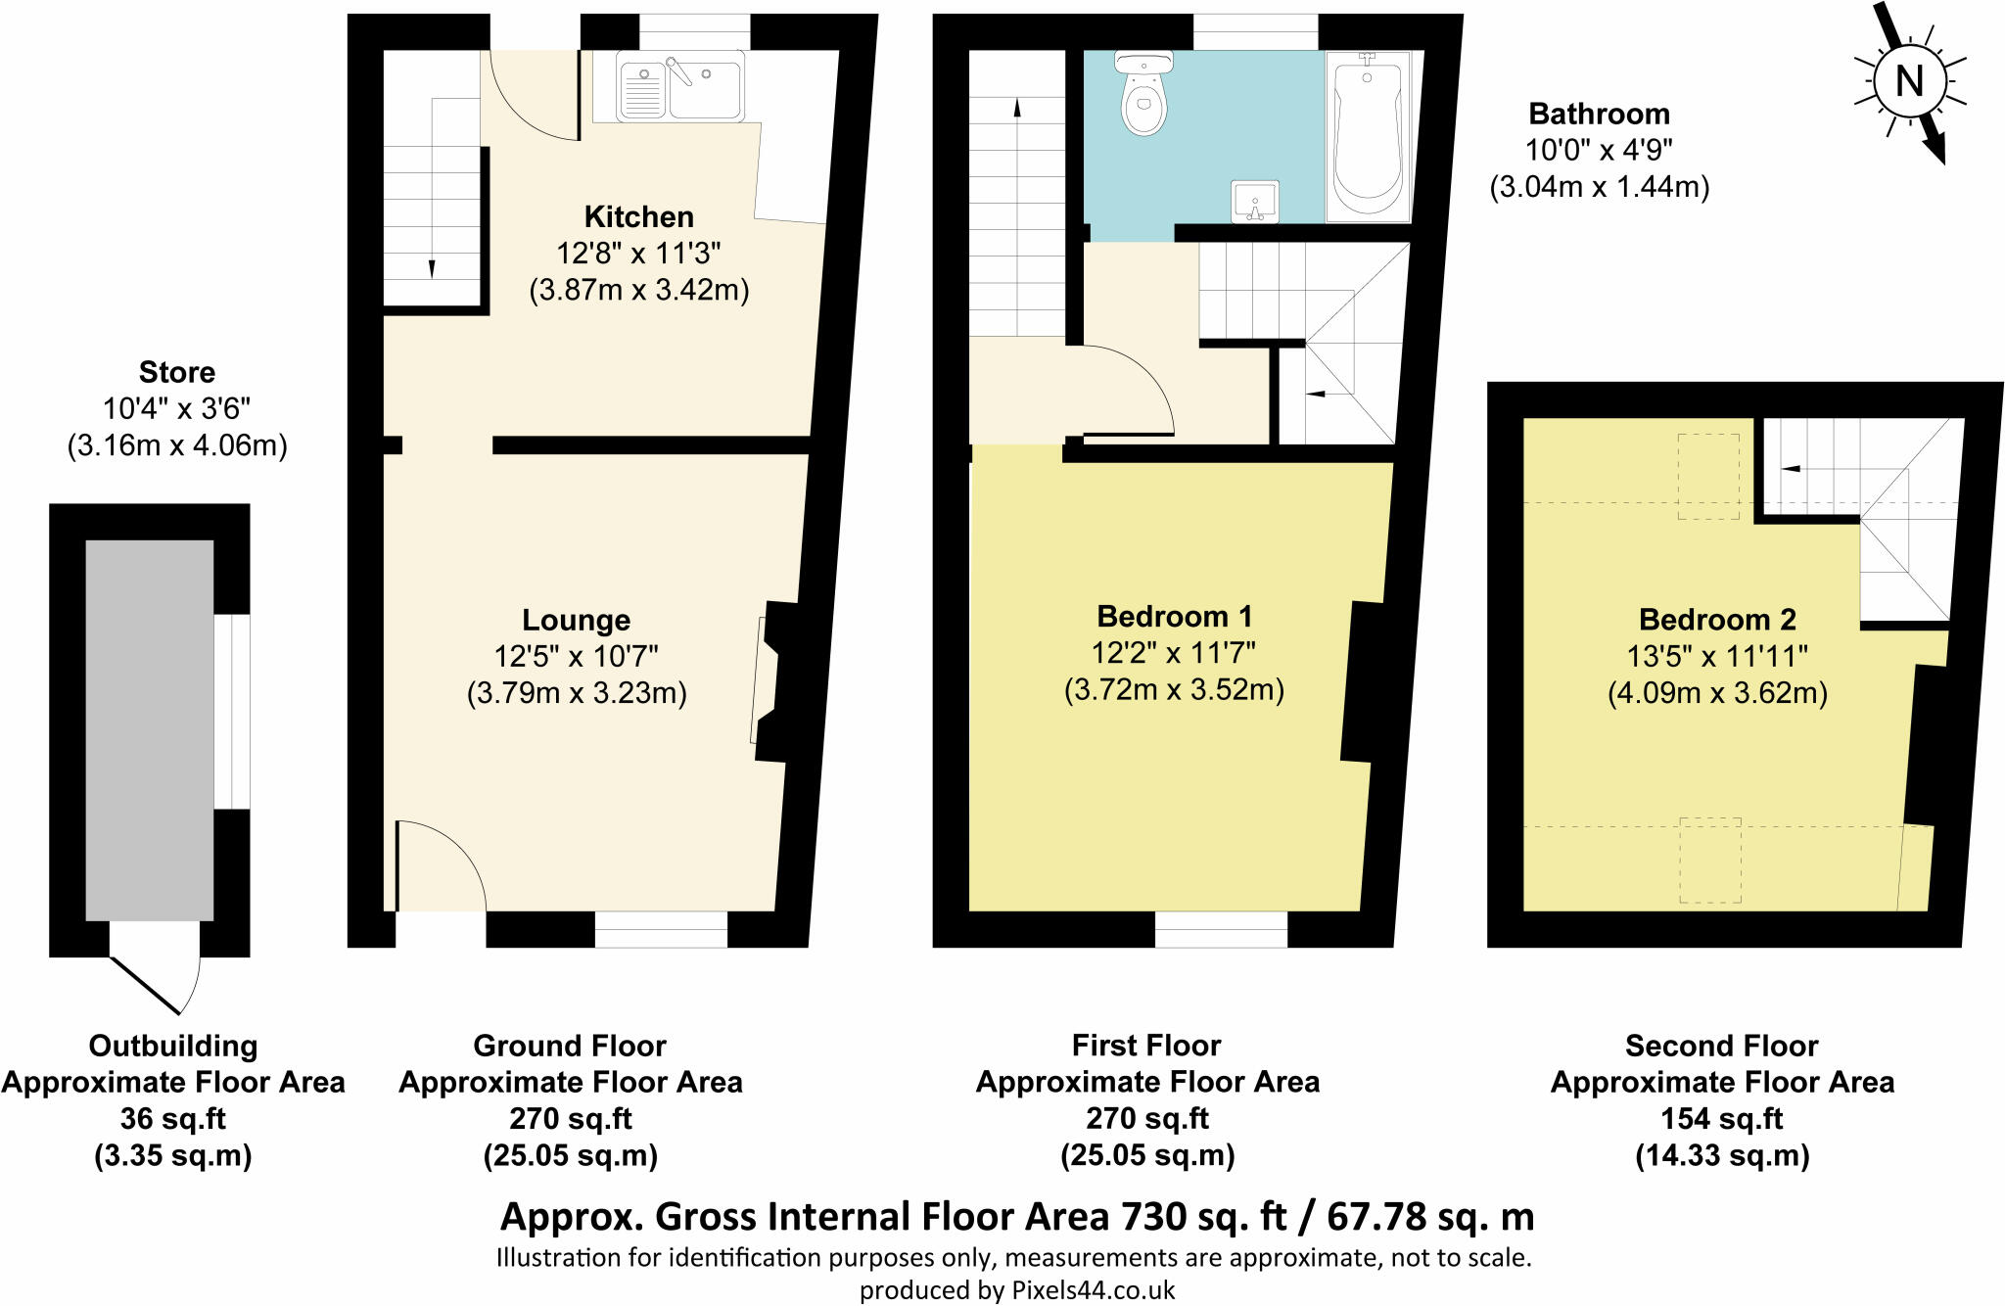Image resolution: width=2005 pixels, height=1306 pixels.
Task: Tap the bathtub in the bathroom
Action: pyautogui.click(x=1368, y=136)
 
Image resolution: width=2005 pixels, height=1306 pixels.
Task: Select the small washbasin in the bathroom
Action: pyautogui.click(x=1255, y=202)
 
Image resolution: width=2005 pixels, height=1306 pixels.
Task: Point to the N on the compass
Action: pyautogui.click(x=1909, y=81)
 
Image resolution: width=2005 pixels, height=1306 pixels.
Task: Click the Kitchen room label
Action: pyautogui.click(x=638, y=216)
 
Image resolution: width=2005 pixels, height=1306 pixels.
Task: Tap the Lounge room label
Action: pyautogui.click(x=576, y=620)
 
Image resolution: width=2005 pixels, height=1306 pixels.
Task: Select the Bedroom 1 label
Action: pyautogui.click(x=1174, y=616)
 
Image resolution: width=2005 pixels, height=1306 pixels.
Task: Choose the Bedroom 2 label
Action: pyautogui.click(x=1717, y=619)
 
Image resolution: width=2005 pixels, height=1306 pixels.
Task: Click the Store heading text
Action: pyautogui.click(x=176, y=372)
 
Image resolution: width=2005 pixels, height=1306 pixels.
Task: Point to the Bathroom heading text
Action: pyautogui.click(x=1599, y=114)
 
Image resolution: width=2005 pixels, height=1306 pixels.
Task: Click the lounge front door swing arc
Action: pyautogui.click(x=460, y=845)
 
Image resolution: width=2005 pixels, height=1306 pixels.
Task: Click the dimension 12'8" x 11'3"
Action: pyautogui.click(x=638, y=254)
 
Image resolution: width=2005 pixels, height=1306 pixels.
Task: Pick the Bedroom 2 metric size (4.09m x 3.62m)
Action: pyautogui.click(x=1717, y=693)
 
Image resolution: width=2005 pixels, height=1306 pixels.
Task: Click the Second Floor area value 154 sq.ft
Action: pyautogui.click(x=1722, y=1118)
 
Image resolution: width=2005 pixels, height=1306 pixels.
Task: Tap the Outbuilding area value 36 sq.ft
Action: pyautogui.click(x=173, y=1118)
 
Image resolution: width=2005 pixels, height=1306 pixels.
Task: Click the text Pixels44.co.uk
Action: pyautogui.click(x=1093, y=1290)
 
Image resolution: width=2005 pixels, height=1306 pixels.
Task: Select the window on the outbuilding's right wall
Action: pyautogui.click(x=232, y=712)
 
